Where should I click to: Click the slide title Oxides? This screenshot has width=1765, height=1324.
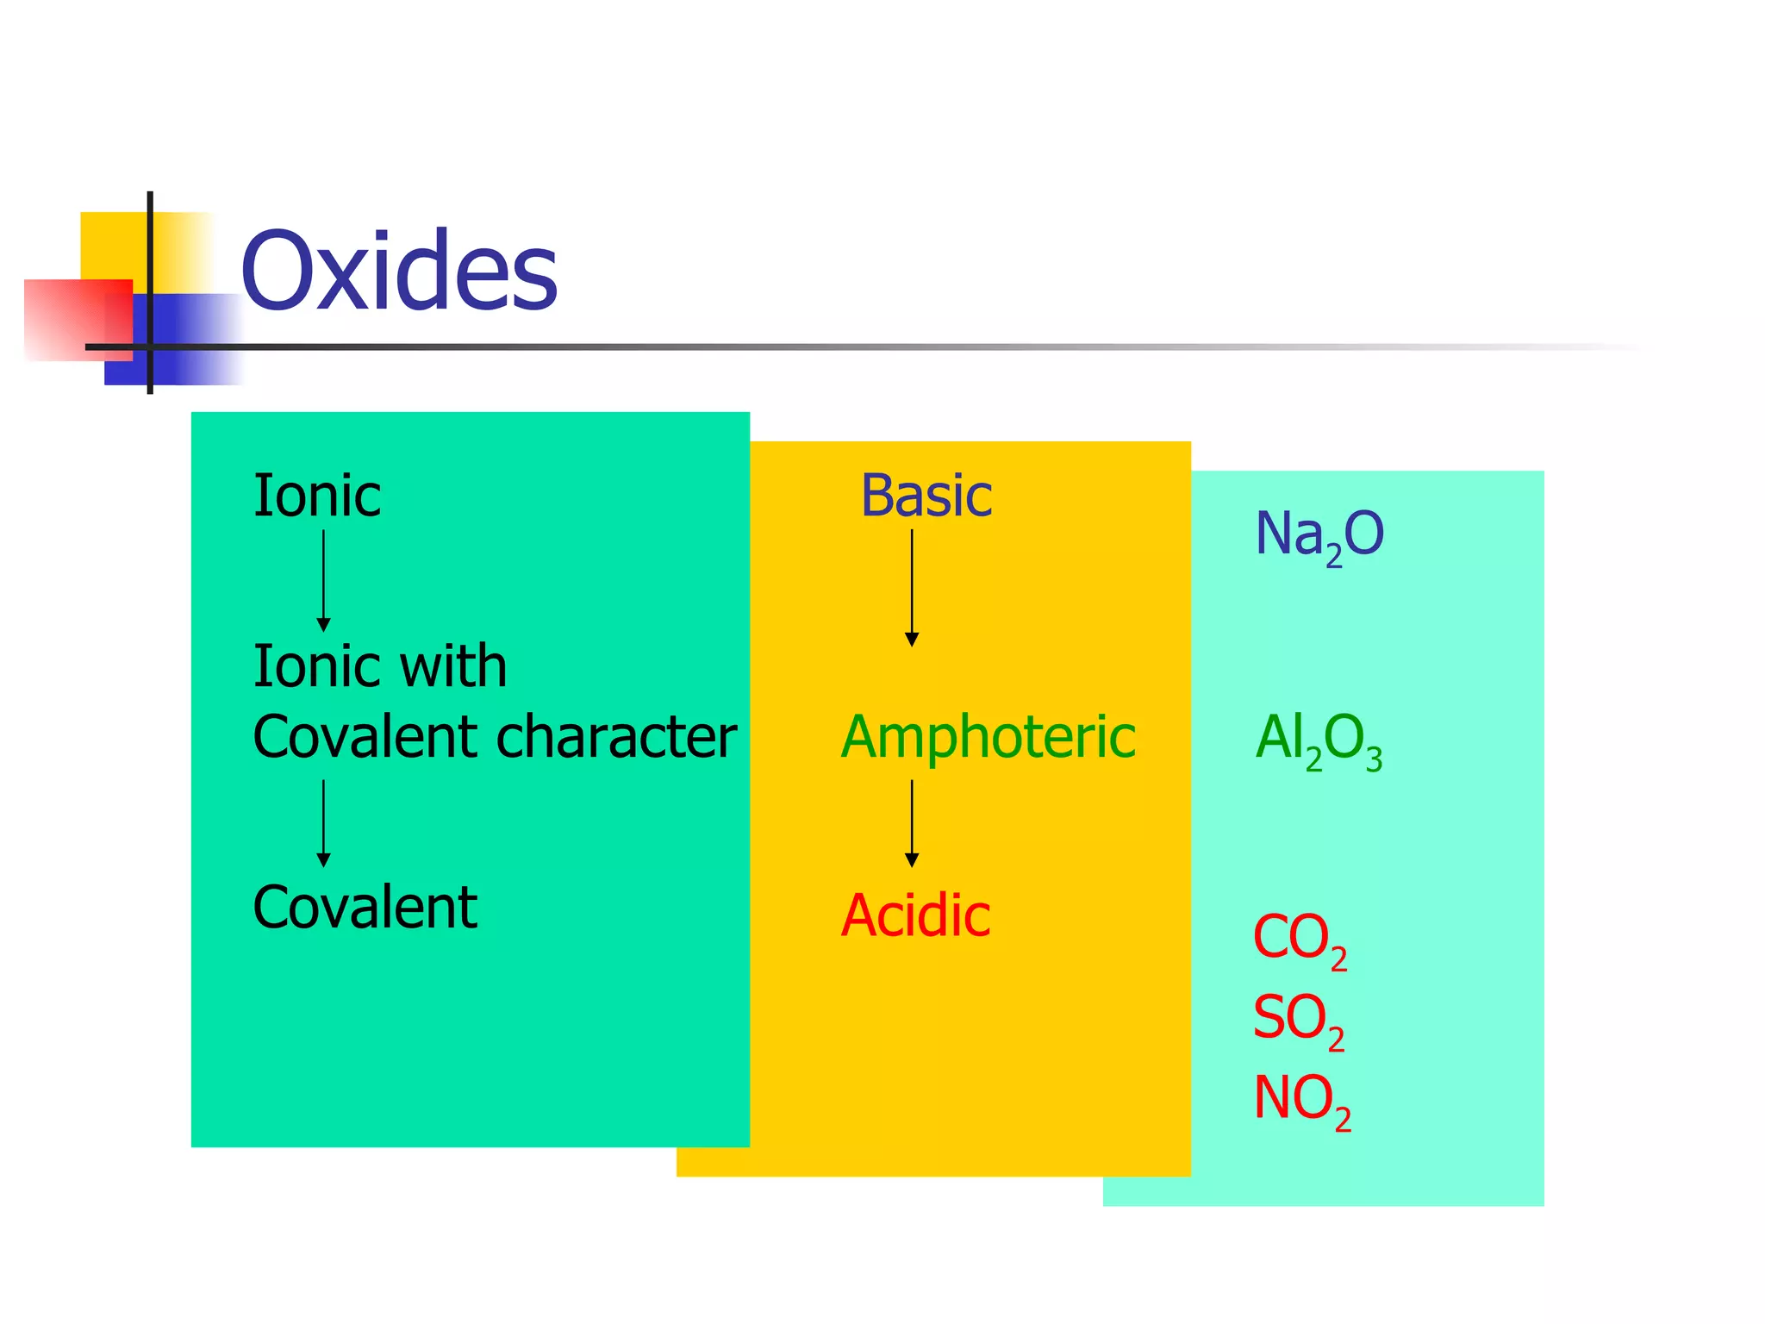click(399, 271)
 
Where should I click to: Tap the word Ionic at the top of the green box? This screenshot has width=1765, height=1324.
click(316, 496)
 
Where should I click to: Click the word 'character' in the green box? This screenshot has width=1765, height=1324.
click(616, 737)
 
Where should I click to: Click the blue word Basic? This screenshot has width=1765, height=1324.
click(926, 496)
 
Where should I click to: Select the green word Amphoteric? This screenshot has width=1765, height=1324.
click(989, 738)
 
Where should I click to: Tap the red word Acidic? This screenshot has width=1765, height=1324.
click(915, 915)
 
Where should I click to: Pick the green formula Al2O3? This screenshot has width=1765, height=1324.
click(1319, 740)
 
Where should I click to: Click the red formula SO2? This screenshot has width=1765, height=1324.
click(1298, 1020)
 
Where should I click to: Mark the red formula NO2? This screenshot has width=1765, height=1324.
click(1301, 1101)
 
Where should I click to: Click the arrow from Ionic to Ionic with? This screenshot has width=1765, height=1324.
click(324, 580)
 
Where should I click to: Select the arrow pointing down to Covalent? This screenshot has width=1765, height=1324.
click(324, 823)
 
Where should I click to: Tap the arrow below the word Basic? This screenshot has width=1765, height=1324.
click(912, 588)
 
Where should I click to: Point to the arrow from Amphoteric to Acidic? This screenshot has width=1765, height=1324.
click(912, 823)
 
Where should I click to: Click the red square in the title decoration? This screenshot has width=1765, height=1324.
click(78, 319)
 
